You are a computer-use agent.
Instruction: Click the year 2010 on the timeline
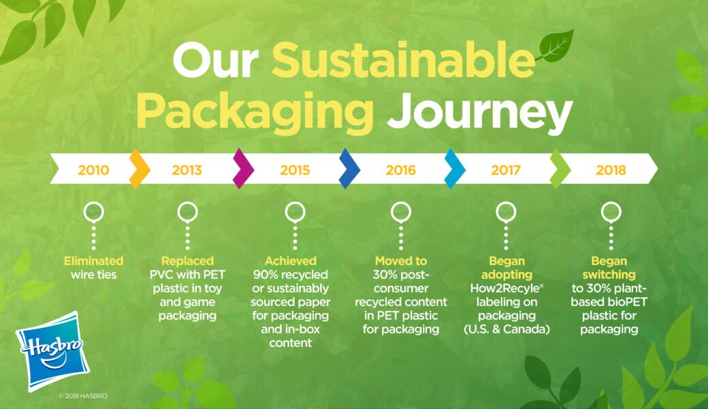[93, 170]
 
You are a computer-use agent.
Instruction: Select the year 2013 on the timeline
[187, 170]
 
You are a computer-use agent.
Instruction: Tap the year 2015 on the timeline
[295, 170]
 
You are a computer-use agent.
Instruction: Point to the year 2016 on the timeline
[400, 170]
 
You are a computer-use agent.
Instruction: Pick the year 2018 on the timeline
[611, 170]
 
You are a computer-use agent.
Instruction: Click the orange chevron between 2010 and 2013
[140, 169]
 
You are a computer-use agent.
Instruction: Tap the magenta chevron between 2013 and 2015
[243, 169]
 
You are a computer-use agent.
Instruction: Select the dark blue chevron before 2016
[349, 169]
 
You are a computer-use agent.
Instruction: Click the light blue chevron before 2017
[455, 169]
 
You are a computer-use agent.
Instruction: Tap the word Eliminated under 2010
[94, 261]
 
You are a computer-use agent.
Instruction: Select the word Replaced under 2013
[187, 261]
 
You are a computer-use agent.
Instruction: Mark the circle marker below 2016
[401, 213]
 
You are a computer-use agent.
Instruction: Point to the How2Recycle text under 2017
[504, 288]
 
